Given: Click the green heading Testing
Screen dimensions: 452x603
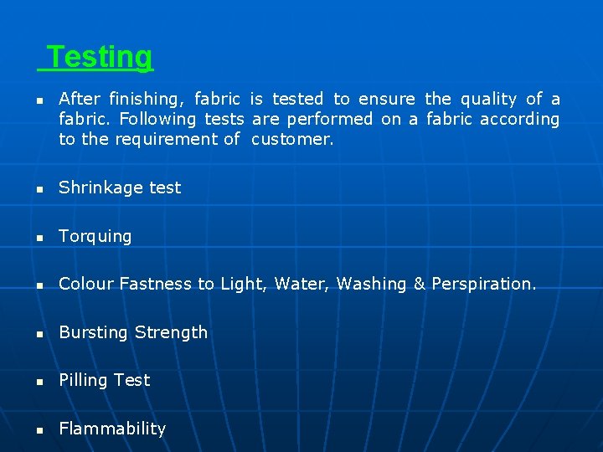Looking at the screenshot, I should point(100,57).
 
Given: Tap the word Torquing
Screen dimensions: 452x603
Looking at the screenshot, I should point(95,237).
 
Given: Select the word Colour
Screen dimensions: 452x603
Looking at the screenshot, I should point(86,284).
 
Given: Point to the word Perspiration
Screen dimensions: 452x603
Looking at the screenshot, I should point(483,284).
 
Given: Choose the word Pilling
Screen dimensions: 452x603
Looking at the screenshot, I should point(84,380).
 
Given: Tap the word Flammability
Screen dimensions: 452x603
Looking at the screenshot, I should point(112,429).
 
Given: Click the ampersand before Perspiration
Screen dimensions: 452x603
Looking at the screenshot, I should point(420,284).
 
